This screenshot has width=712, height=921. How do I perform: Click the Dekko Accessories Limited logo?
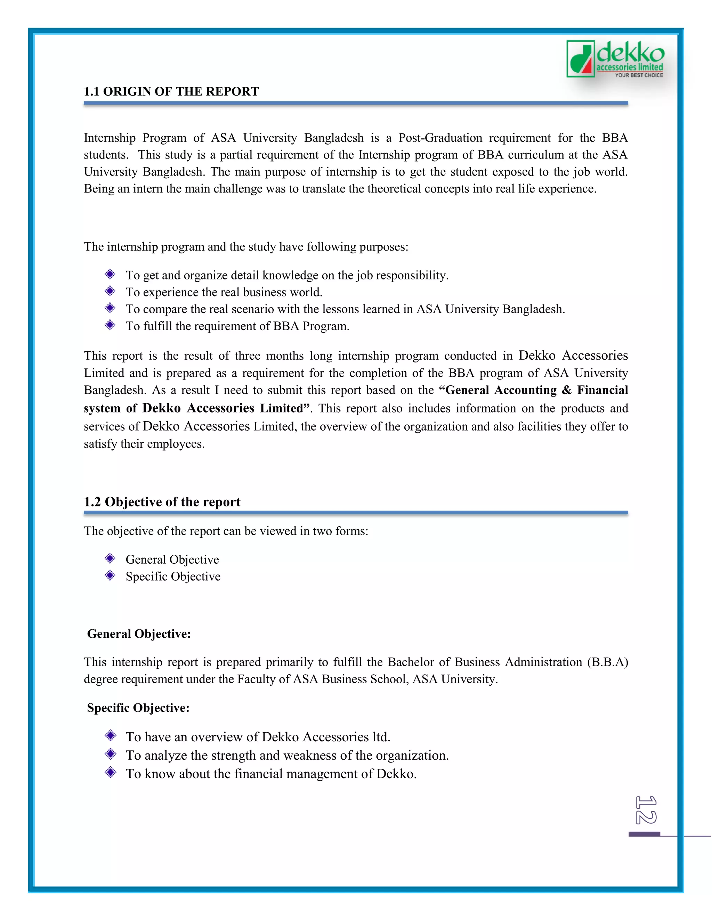pyautogui.click(x=615, y=59)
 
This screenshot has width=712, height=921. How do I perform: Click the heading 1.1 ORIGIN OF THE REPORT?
pyautogui.click(x=171, y=91)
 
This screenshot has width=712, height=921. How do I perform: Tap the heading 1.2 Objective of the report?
pyautogui.click(x=162, y=502)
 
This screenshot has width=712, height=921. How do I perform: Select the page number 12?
pyautogui.click(x=646, y=810)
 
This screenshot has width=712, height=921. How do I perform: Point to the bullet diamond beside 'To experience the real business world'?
pyautogui.click(x=110, y=291)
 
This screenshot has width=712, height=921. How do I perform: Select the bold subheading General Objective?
pyautogui.click(x=139, y=634)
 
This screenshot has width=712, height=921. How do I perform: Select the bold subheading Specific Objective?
pyautogui.click(x=138, y=708)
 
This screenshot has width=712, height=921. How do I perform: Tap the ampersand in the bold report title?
pyautogui.click(x=566, y=390)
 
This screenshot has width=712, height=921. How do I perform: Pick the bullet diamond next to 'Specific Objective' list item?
pyautogui.click(x=110, y=576)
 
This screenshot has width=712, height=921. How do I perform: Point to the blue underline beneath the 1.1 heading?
pyautogui.click(x=356, y=103)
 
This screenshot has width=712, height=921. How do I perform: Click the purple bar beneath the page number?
pyautogui.click(x=644, y=834)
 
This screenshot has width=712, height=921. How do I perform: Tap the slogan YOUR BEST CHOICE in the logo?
pyautogui.click(x=639, y=75)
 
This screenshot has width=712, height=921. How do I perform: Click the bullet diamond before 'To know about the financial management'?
pyautogui.click(x=111, y=773)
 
